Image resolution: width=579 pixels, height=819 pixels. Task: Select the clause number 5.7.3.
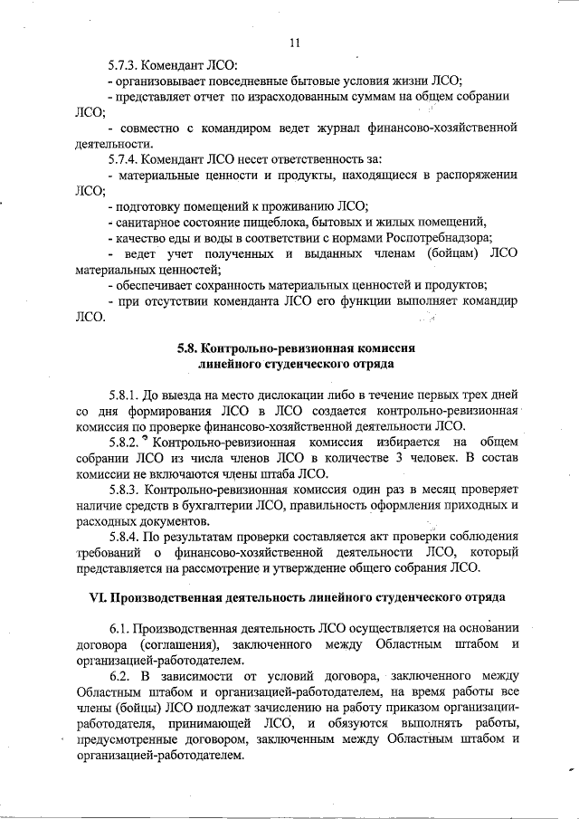124,64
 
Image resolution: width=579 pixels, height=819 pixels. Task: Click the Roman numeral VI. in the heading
97,599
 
